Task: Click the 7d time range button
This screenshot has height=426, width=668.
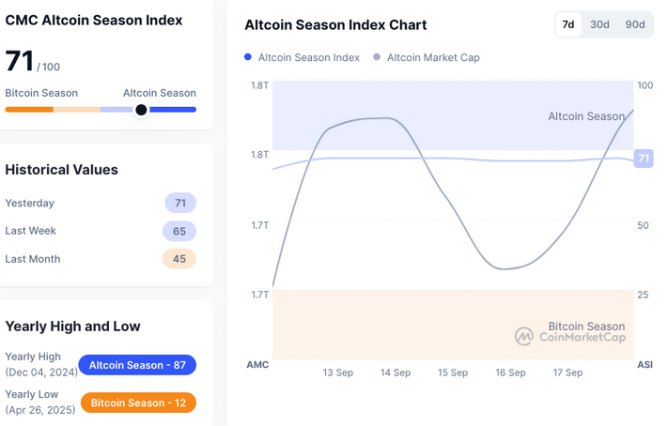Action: (567, 24)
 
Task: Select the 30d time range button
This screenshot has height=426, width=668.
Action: (599, 24)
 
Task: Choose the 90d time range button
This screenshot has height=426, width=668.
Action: (635, 24)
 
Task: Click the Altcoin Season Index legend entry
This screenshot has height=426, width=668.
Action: (302, 57)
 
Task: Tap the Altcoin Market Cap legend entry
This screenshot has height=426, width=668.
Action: (427, 57)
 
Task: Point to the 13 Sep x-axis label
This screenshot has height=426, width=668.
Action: (338, 373)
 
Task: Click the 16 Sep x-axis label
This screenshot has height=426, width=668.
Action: (510, 373)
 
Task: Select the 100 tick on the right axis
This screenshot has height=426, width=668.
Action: (645, 85)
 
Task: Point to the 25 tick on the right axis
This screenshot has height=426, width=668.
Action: (643, 295)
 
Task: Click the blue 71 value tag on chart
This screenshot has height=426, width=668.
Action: (644, 159)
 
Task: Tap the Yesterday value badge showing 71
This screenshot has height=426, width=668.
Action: (179, 203)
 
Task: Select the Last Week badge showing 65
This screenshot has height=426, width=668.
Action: (179, 231)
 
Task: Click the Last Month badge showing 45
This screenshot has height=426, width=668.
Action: (179, 259)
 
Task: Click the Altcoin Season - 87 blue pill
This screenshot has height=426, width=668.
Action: (138, 364)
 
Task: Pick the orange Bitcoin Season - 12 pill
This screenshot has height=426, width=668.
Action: (138, 403)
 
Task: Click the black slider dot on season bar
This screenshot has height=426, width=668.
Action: (141, 110)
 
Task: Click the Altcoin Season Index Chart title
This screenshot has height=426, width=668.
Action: (335, 25)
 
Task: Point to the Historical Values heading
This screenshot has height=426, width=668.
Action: (62, 170)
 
